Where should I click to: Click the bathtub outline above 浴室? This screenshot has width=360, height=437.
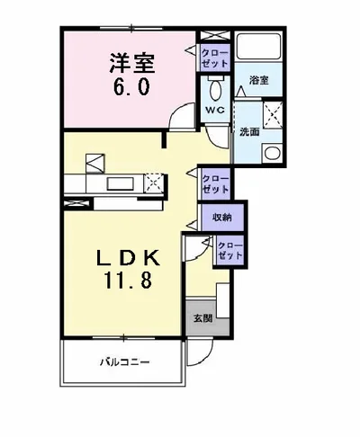tap(258, 51)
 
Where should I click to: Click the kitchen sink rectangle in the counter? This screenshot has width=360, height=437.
tap(118, 183)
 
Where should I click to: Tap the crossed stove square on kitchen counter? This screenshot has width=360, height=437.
tap(154, 183)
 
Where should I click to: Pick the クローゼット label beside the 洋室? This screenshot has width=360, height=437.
tap(216, 58)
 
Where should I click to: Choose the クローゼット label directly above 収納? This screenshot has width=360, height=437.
tap(215, 184)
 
